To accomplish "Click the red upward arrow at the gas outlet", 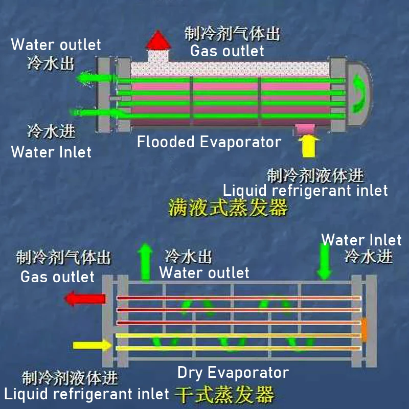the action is click(x=160, y=40).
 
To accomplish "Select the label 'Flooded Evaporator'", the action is click(x=209, y=142).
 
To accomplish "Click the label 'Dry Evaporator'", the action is click(x=233, y=372).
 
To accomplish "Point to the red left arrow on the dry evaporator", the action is click(x=85, y=299).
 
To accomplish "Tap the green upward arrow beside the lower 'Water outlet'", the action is click(x=146, y=262).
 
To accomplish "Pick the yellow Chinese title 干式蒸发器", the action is click(x=225, y=395).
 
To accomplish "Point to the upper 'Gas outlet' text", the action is click(x=227, y=51).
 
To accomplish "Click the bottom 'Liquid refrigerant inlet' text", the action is click(x=86, y=394).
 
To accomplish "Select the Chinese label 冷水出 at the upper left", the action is click(x=51, y=63).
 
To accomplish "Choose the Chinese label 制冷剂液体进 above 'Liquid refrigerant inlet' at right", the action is click(x=315, y=176).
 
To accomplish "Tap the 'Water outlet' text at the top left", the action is click(x=56, y=44).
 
